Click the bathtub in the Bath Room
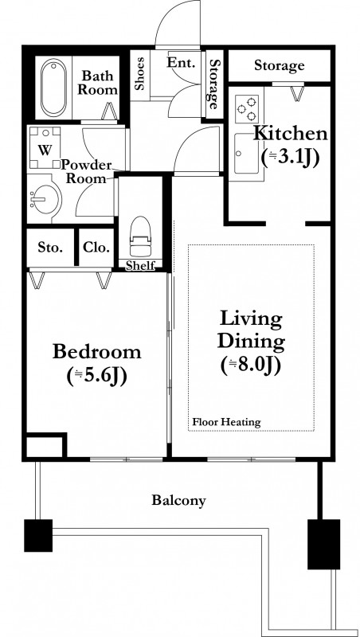coord(53,88)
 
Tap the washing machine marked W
coord(45,148)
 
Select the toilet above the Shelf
coord(140,236)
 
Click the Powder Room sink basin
coord(45,199)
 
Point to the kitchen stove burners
coord(247,108)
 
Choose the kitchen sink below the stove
coord(246,153)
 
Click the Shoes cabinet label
coord(139,73)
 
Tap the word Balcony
coord(178,500)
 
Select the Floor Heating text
coord(226,422)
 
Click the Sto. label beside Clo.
coord(50,248)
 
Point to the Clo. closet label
coord(96,248)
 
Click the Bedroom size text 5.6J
coord(97,376)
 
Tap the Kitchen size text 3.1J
coord(289,157)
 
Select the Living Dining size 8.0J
coord(251,365)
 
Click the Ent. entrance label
coord(182,63)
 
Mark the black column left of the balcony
coord(38,535)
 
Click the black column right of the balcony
coord(323,544)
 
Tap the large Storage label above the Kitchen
coord(279,65)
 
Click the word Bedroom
coord(97,351)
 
